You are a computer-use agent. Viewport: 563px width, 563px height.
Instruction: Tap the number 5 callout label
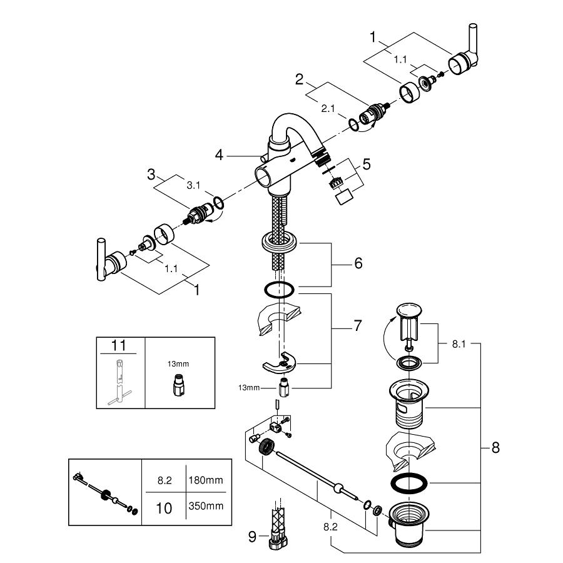pos(367,165)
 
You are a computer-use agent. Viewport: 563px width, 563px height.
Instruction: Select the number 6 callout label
pos(358,263)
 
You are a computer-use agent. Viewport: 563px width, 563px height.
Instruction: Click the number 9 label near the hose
pos(251,535)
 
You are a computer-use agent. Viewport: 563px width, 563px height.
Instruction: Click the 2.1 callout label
pos(328,108)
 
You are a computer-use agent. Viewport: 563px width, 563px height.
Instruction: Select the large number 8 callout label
pos(495,447)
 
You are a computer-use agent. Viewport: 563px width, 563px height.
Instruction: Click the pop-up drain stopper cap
pos(408,310)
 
